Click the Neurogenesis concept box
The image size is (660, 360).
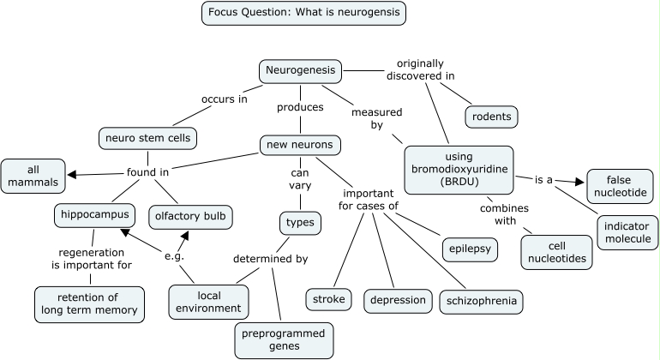(300, 71)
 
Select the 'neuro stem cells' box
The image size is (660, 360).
(147, 138)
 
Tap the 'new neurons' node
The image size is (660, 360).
(300, 145)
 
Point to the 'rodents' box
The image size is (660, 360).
(492, 117)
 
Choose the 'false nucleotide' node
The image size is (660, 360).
(621, 186)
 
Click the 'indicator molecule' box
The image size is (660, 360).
(627, 232)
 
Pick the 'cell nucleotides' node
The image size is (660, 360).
(557, 252)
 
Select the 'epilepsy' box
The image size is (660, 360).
(471, 249)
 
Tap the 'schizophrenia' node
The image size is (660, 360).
(482, 302)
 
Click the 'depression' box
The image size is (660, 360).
(399, 301)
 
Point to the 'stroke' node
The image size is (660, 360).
(329, 299)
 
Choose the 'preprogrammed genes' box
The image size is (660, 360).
(284, 340)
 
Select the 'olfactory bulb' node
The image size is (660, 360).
(190, 217)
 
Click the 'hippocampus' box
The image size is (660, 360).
(94, 215)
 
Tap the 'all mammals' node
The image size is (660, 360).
(33, 176)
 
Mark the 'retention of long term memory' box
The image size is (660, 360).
(89, 304)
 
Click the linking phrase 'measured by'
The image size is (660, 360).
(377, 119)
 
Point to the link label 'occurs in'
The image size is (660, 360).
(225, 99)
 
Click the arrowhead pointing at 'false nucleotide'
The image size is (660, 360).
(580, 182)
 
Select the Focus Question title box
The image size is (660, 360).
(304, 13)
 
